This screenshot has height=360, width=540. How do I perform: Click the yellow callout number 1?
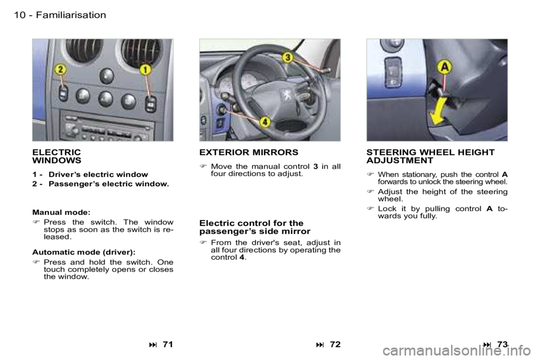146,70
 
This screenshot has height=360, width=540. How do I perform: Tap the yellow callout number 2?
61,70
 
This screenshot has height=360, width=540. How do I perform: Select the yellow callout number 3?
288,57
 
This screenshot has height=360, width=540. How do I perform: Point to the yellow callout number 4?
264,121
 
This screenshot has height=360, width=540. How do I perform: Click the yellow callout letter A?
444,67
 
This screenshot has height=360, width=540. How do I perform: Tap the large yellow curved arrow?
439,111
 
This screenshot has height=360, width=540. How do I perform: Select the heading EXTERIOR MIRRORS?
249,152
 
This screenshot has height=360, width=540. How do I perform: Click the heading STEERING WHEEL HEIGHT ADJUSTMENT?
430,156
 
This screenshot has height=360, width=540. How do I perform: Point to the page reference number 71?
168,344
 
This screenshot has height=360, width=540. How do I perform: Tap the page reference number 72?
335,344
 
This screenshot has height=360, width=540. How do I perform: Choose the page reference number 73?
502,344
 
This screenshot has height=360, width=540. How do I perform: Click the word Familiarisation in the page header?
71,15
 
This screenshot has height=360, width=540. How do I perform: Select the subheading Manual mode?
61,212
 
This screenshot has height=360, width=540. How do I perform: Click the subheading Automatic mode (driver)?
84,252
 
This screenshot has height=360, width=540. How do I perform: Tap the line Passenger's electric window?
109,184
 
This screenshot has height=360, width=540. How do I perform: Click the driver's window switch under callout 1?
151,104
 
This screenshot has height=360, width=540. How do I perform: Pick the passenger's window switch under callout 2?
63,93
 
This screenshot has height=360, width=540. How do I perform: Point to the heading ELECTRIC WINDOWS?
57,156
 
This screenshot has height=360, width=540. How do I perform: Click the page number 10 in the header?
20,15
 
